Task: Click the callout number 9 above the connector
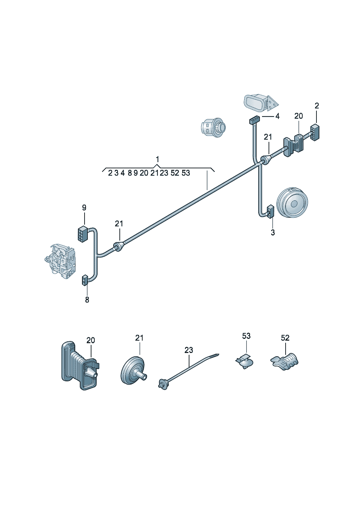[x=84, y=208]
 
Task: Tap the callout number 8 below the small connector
[x=87, y=300]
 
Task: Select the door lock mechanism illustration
[x=60, y=261]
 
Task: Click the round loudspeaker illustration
[x=292, y=203]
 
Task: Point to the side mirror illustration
[x=261, y=103]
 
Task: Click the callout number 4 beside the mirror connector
[x=277, y=116]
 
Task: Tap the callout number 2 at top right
[x=317, y=106]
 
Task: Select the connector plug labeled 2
[x=315, y=132]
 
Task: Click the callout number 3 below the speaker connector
[x=273, y=232]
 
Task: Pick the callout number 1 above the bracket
[x=157, y=159]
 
